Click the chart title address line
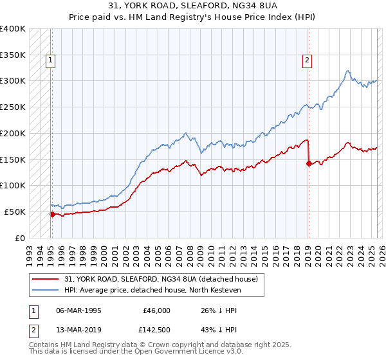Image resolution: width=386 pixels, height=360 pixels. coord(192,5)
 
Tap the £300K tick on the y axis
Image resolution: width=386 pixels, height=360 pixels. coord(13,81)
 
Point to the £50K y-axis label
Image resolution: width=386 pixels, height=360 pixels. coord(15,212)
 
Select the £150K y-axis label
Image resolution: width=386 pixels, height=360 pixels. coord(13,159)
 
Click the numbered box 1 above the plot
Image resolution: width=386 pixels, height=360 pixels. coord(51,61)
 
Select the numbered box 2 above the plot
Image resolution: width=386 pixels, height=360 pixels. coord(308,61)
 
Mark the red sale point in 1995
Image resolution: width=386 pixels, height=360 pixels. coord(52,214)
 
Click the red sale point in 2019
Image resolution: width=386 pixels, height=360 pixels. coord(309,163)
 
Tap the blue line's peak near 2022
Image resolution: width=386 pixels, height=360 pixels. coord(347,71)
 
